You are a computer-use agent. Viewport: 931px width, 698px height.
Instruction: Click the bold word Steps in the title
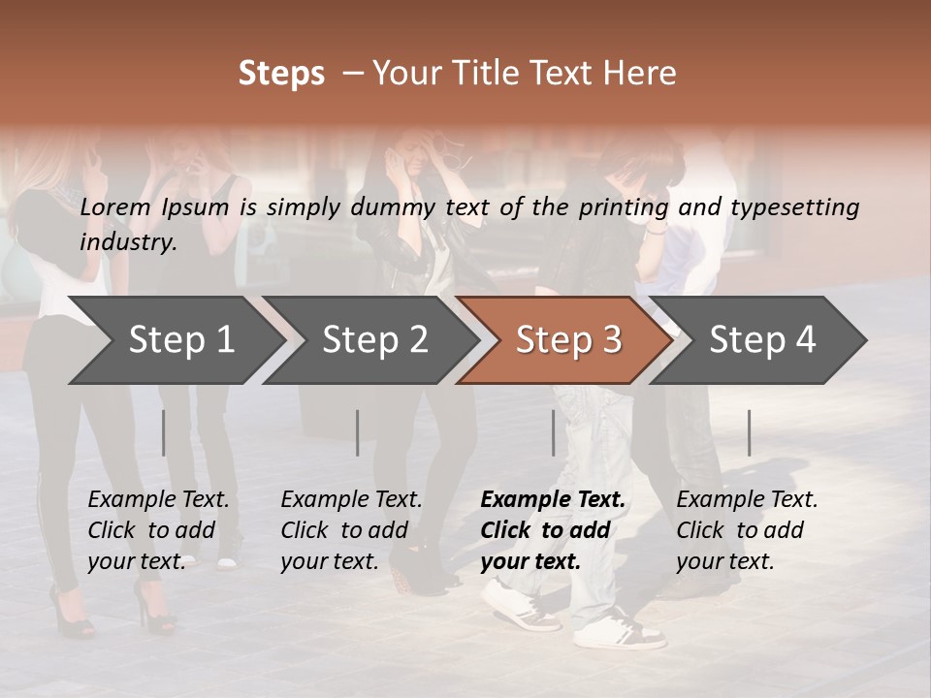281,74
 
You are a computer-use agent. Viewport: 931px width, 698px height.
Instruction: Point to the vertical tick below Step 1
163,432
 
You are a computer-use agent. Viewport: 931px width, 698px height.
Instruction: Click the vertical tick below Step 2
358,432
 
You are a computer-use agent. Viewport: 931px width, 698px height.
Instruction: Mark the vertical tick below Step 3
553,432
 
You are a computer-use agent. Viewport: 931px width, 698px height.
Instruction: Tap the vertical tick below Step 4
749,432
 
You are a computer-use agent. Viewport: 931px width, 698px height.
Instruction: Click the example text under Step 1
158,530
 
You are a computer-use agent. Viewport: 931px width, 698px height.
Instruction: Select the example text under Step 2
351,530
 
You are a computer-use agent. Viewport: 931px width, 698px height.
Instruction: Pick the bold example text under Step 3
553,530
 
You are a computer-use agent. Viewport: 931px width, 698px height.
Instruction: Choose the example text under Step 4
747,530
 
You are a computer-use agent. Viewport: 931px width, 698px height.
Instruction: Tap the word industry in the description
127,241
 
